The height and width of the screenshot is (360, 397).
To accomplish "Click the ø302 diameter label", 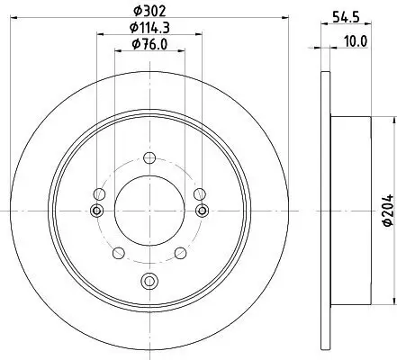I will (148, 11).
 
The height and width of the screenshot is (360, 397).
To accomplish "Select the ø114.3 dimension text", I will (148, 29).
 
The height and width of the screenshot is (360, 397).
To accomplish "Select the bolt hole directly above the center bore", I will (148, 158).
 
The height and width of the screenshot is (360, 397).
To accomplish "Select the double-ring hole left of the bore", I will (96, 211).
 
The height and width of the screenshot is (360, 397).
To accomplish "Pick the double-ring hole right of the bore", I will (199, 211).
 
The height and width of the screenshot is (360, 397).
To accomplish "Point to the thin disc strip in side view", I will (326, 211).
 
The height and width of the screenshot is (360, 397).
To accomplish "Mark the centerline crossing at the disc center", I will (148, 211).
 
